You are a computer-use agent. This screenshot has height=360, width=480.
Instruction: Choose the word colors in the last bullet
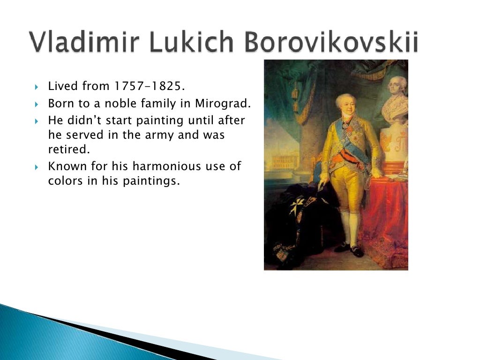(x=64, y=181)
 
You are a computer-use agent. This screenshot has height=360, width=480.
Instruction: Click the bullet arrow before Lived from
(x=37, y=87)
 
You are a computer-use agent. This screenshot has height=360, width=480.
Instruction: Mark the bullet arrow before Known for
(x=37, y=167)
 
